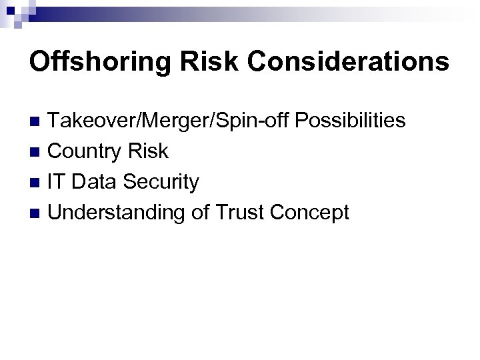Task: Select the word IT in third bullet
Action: (x=59, y=181)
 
